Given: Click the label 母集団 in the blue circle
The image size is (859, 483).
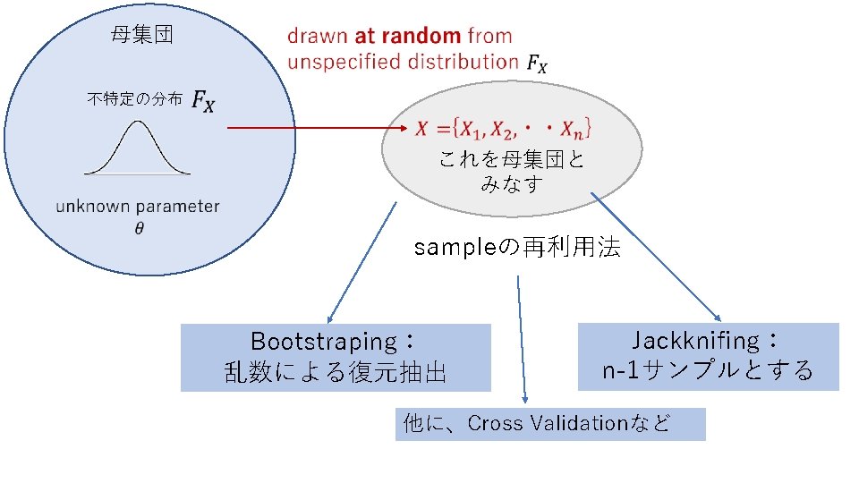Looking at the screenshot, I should tap(141, 36).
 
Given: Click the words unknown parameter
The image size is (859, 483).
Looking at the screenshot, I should tap(137, 207).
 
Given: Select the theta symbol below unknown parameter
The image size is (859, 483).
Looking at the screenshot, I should tap(139, 227).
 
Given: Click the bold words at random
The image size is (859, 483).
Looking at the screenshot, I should tap(408, 37).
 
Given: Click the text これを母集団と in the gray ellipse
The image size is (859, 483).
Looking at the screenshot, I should tap(511, 160).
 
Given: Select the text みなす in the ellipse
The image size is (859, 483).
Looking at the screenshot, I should tap(511, 184).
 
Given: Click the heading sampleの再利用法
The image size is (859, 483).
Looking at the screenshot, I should tap(517, 248).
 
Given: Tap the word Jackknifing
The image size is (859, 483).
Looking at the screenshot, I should tap(695, 341).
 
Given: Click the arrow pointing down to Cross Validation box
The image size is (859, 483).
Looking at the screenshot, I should tap(522, 340).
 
